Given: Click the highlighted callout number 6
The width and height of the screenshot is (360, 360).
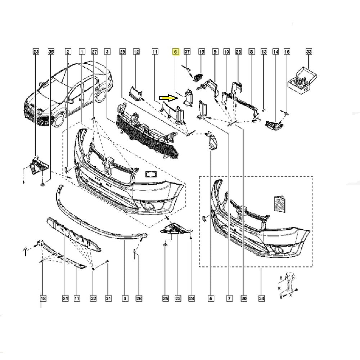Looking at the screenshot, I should pos(176,52).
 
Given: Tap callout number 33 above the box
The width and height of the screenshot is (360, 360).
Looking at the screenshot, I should pos(309,52).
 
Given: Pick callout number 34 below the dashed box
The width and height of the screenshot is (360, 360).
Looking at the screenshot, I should pos(261,298).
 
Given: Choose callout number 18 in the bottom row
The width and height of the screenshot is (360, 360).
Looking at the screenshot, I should pos(43,298).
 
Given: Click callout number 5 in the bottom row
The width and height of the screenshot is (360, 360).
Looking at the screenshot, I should pos(211,298).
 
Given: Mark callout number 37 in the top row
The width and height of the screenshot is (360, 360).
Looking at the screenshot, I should pos(187,52).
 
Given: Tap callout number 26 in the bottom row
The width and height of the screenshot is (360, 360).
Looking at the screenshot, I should pos(139,298).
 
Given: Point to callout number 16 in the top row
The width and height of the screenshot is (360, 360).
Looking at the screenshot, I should pos(287,52).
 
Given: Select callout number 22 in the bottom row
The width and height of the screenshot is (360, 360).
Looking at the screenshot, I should pos(178,298).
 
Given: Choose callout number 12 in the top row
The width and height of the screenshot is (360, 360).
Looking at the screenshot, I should pos(136,52).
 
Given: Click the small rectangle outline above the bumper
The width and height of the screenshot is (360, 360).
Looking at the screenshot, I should pos(150,174).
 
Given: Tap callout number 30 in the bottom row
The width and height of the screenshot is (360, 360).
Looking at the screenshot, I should pos(244,298).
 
